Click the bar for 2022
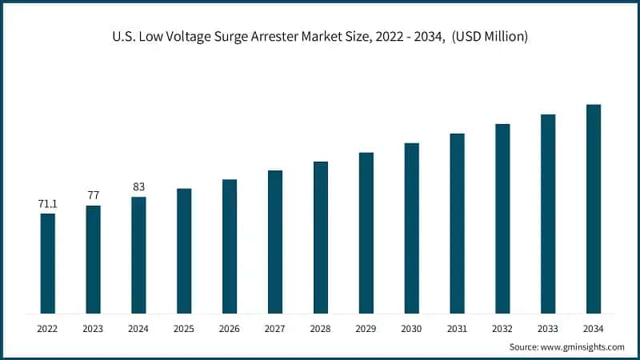[x=48, y=263]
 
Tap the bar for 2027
[x=275, y=242]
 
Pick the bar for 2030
[x=412, y=228]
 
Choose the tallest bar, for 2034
[x=594, y=209]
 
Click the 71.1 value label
[x=48, y=204]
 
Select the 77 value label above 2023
[x=93, y=195]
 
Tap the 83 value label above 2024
[x=138, y=186]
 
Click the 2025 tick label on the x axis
[x=184, y=329]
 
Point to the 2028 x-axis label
[x=321, y=329]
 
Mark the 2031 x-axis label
[x=457, y=329]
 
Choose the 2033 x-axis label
[x=548, y=329]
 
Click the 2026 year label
[x=230, y=329]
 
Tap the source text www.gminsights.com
[x=582, y=347]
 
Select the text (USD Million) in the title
[x=488, y=38]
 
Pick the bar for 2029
[x=366, y=233]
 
